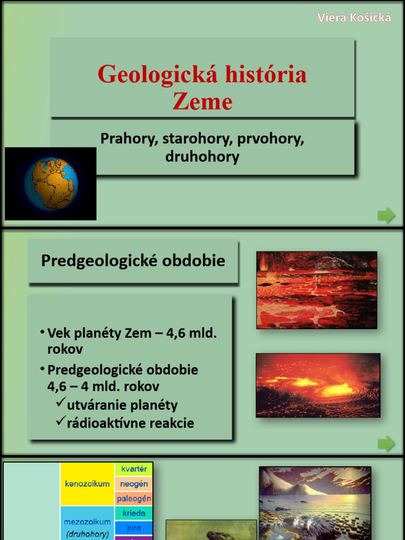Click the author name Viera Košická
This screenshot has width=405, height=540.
tap(354, 17)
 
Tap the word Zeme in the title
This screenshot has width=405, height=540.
tap(202, 101)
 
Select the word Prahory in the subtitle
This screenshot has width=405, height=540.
tap(129, 139)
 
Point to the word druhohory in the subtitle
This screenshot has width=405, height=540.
tap(202, 157)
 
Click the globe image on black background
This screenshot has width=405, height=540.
tap(51, 184)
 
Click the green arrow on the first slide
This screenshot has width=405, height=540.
tap(386, 215)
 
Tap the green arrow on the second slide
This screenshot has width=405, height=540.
tap(386, 443)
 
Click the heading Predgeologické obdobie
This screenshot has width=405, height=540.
tap(133, 261)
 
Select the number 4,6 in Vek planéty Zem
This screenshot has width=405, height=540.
tap(166, 333)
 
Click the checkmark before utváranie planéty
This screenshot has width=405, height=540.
tap(60, 404)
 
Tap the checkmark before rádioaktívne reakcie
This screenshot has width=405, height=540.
tap(60, 421)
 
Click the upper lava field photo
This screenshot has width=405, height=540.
tap(316, 290)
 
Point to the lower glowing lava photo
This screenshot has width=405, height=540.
tap(317, 385)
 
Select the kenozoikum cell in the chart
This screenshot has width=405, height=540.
tap(87, 484)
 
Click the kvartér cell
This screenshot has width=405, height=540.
tap(134, 469)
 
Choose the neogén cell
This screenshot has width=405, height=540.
tap(134, 484)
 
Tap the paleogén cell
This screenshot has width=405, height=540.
tap(134, 498)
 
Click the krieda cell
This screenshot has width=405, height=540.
tap(134, 513)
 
